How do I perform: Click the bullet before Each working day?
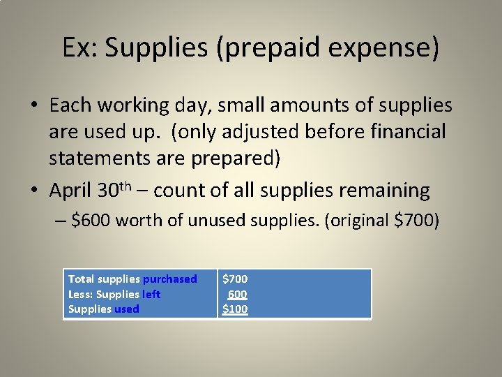[x=34, y=106]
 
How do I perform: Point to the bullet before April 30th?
[x=34, y=190]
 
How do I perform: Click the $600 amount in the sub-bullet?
[x=91, y=221]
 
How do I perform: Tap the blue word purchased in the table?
[x=170, y=279]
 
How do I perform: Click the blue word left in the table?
[x=151, y=294]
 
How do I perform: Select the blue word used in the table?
[x=127, y=309]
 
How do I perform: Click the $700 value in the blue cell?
[x=235, y=279]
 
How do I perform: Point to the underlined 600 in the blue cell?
[x=237, y=294]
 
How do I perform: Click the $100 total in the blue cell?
[x=235, y=309]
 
